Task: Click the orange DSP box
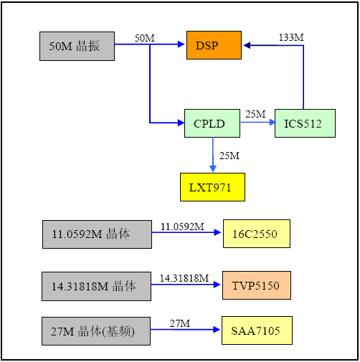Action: (x=214, y=45)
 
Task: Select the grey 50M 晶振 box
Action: (x=77, y=46)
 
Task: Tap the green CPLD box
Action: (x=212, y=123)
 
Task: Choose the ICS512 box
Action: (x=305, y=123)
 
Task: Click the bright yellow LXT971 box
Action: (x=212, y=187)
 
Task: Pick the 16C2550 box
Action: (x=257, y=234)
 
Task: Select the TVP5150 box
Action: (x=257, y=285)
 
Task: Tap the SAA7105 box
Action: (x=257, y=330)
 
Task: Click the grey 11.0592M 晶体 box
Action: (x=97, y=234)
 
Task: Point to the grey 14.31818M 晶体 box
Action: (x=96, y=286)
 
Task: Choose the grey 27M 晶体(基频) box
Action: (x=96, y=331)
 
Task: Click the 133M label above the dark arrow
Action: (x=291, y=37)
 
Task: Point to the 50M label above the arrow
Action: (x=145, y=38)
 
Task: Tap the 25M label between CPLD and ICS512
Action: (x=255, y=114)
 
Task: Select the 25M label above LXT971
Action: (x=229, y=156)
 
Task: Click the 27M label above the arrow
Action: (x=180, y=323)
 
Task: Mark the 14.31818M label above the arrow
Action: (x=184, y=278)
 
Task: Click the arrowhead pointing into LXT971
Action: (x=213, y=168)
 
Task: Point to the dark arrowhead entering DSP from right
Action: (x=247, y=45)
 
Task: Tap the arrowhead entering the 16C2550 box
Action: (x=217, y=232)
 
